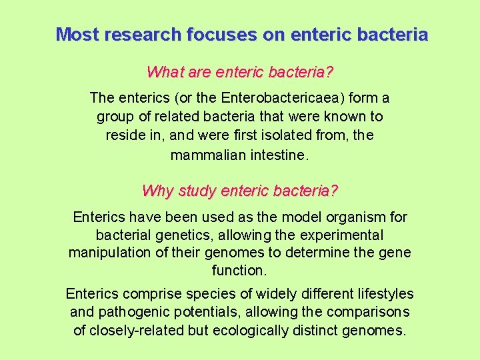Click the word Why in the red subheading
[157, 191]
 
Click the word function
[239, 271]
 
